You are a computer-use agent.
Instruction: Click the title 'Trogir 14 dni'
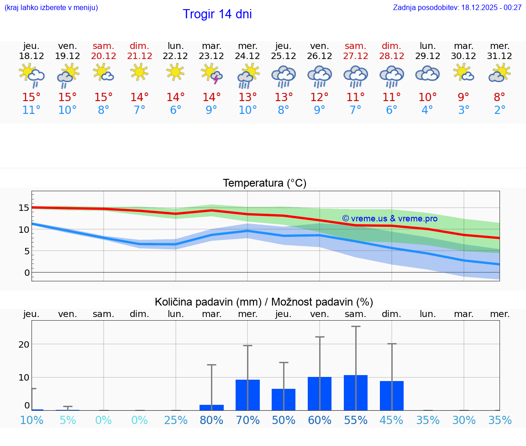(217, 14)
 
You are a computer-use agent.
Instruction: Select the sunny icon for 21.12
(139, 72)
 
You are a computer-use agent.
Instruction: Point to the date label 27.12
(355, 56)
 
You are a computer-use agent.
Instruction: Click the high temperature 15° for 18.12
(32, 97)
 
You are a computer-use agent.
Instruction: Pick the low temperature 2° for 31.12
(500, 110)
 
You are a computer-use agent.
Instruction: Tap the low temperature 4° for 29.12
(427, 110)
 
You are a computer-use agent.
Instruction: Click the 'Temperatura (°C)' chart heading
(264, 183)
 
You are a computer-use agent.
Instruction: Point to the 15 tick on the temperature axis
(24, 208)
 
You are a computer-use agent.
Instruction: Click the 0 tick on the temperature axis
(27, 273)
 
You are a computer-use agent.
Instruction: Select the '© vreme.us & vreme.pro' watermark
(389, 219)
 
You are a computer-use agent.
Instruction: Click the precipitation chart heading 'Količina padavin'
(264, 302)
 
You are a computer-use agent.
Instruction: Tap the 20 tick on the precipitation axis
(24, 344)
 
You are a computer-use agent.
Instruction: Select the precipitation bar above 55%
(356, 392)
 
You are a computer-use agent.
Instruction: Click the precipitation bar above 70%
(247, 395)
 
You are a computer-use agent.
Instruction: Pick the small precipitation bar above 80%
(211, 407)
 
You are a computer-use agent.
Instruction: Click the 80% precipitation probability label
(211, 420)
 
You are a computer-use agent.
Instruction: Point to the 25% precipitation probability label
(176, 420)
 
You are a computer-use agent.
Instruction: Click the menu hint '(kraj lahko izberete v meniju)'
(51, 7)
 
